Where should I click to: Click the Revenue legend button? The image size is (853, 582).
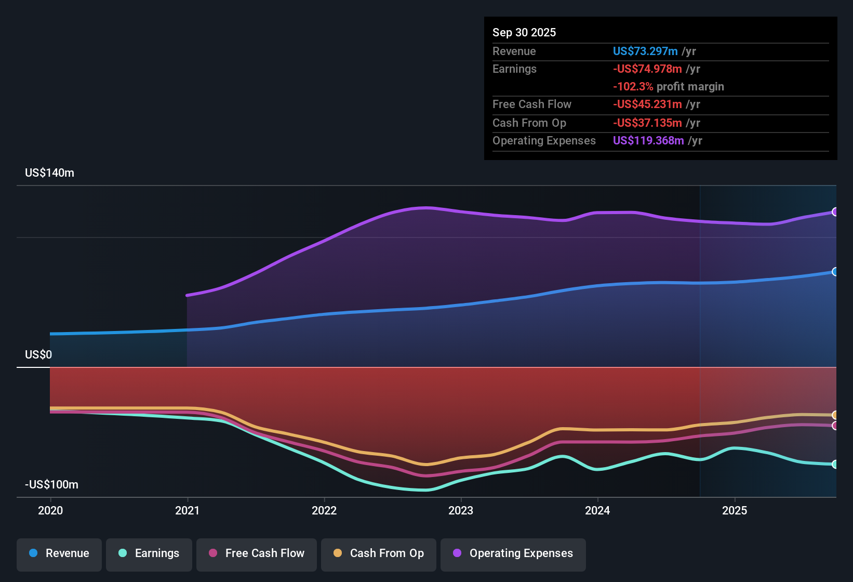tap(59, 553)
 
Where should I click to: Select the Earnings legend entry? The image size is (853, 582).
tap(149, 553)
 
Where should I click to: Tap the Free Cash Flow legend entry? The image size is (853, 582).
tap(257, 553)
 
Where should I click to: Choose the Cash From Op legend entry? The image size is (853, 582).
tap(379, 553)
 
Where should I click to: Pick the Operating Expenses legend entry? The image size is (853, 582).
tap(513, 553)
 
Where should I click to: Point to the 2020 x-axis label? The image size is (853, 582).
tap(50, 510)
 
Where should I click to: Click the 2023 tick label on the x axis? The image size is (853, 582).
tap(461, 510)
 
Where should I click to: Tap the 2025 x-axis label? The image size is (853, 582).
tap(735, 510)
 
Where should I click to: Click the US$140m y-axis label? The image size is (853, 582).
tap(49, 173)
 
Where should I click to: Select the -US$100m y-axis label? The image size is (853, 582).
tap(51, 485)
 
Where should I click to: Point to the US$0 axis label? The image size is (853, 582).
tap(38, 355)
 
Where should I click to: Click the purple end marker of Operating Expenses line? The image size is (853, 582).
tap(835, 212)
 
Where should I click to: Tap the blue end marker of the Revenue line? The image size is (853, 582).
tap(835, 272)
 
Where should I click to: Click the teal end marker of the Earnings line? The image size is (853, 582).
tap(835, 465)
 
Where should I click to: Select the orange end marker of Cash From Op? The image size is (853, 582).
tap(835, 415)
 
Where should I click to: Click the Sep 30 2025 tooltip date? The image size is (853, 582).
tap(524, 32)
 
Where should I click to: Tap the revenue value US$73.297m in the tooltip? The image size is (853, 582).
tap(645, 51)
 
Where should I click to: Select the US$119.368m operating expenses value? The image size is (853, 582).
tap(648, 141)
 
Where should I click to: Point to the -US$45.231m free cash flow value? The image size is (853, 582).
tap(647, 104)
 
